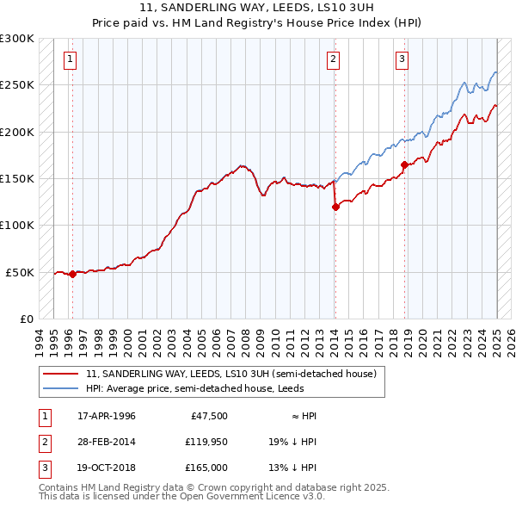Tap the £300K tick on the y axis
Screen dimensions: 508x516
coord(17,39)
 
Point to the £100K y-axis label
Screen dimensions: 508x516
coord(17,225)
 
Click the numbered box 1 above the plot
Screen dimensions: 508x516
coord(70,59)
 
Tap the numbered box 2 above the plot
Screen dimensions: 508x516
coord(333,59)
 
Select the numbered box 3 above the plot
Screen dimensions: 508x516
coord(402,59)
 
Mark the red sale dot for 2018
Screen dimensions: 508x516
coord(404,164)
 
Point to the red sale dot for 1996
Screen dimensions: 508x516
coord(73,274)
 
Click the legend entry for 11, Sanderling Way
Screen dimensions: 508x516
coord(230,375)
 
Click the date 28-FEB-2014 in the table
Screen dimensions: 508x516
coord(106,442)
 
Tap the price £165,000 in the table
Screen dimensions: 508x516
coord(206,468)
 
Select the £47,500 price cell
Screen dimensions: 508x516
coord(206,416)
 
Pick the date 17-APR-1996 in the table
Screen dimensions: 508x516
coord(106,416)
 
